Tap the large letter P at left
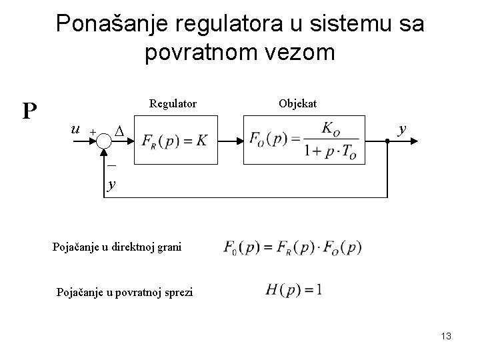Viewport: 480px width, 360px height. [x=29, y=111]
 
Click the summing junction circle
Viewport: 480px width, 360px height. [x=105, y=141]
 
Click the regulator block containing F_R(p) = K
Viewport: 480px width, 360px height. [x=176, y=141]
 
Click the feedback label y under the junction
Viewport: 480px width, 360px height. [x=111, y=183]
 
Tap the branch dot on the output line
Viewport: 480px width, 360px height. [x=387, y=141]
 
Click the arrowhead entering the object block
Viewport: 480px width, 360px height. [x=238, y=141]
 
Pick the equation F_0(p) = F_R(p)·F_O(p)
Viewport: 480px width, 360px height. [x=293, y=247]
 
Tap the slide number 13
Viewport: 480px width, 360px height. [x=446, y=337]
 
